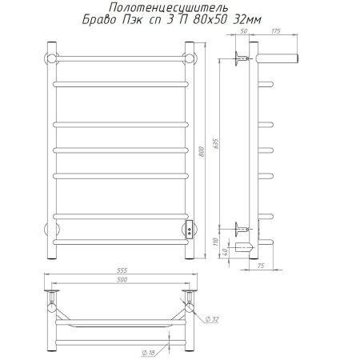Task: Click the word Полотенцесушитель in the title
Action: [x=169, y=8]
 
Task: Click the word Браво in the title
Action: [x=99, y=20]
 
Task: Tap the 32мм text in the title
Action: [x=247, y=20]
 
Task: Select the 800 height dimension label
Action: [x=202, y=151]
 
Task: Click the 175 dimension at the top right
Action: [x=276, y=31]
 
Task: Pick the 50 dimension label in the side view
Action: [x=243, y=31]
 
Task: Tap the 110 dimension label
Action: [x=216, y=242]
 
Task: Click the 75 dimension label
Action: [x=261, y=266]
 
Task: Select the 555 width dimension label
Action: [x=122, y=270]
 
